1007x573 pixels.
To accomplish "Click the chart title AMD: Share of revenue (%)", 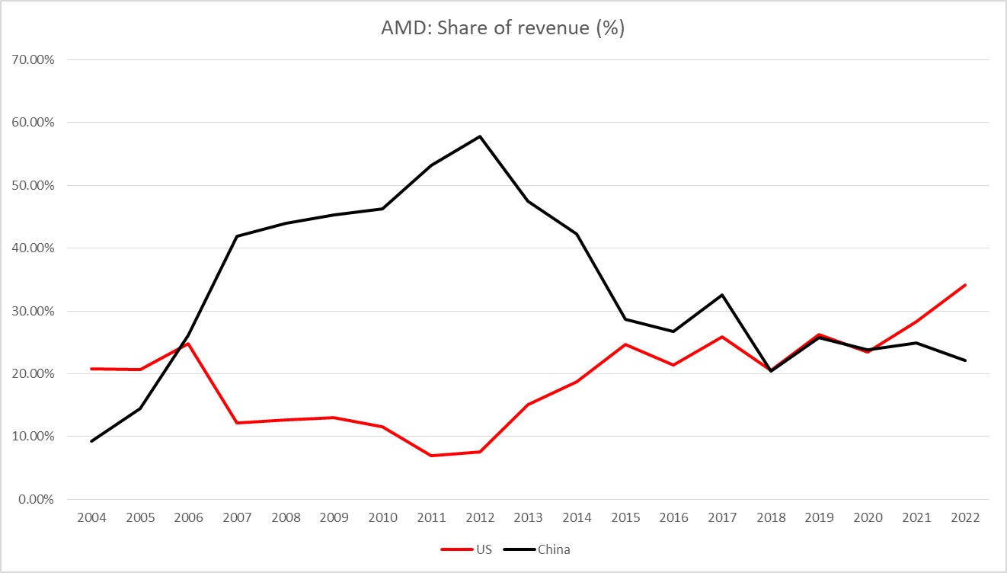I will (503, 30).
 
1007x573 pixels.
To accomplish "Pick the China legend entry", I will (553, 549).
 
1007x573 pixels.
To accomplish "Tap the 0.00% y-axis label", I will (35, 499).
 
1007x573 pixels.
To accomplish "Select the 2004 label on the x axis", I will (92, 518).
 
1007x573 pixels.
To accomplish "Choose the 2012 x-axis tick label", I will (480, 518).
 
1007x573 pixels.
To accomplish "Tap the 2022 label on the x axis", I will (965, 518).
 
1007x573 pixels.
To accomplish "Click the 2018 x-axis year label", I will (771, 518).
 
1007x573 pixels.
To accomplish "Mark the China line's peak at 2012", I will (480, 136).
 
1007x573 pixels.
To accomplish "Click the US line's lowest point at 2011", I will (431, 456).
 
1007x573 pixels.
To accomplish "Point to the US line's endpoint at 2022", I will (965, 285).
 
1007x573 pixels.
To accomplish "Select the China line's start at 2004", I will (92, 441).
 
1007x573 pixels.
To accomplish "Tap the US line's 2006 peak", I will (189, 344).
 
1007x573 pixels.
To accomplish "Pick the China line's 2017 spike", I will (722, 295).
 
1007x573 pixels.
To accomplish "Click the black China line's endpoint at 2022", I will (965, 360).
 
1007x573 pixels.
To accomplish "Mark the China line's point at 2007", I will (238, 236).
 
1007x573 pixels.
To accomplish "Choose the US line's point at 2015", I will (625, 344).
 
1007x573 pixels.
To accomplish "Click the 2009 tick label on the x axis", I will (334, 518).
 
